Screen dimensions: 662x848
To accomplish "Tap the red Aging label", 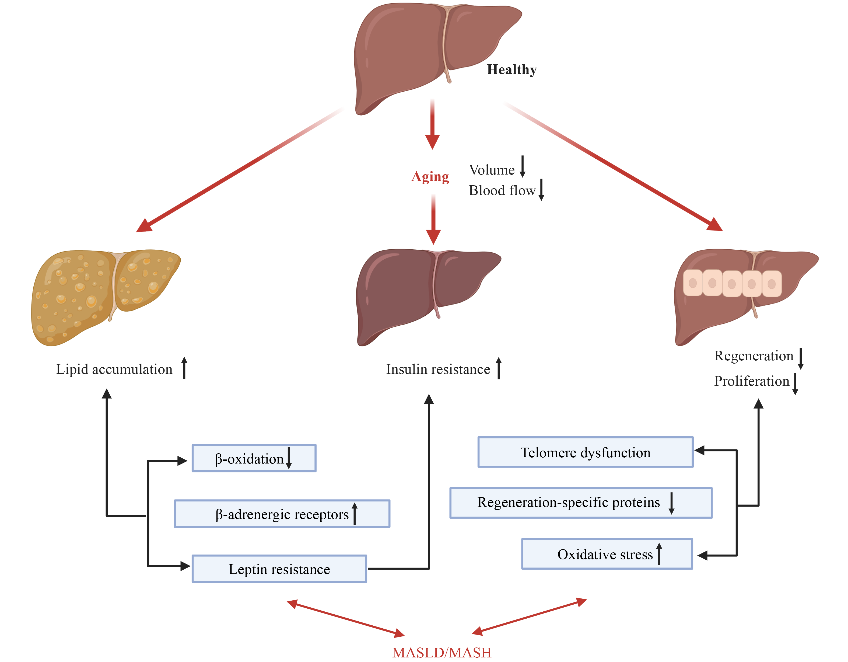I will (430, 176).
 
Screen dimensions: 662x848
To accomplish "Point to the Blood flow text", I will (502, 190).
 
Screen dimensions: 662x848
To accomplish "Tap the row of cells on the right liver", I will (732, 283).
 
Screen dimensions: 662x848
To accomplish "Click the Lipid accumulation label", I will (114, 369).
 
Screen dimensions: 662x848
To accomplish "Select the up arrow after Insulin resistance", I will (499, 368).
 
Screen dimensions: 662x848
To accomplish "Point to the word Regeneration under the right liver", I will (753, 356).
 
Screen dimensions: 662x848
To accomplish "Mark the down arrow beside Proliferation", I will (795, 384).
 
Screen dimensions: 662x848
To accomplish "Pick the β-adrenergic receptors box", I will (282, 514).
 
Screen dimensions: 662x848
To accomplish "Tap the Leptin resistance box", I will (279, 569).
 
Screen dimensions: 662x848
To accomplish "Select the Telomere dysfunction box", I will (585, 452).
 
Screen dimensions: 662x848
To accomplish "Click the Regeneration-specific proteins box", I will (580, 503).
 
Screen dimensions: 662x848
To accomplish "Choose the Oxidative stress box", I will (607, 554).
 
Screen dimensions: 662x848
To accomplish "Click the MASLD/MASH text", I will (442, 653).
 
